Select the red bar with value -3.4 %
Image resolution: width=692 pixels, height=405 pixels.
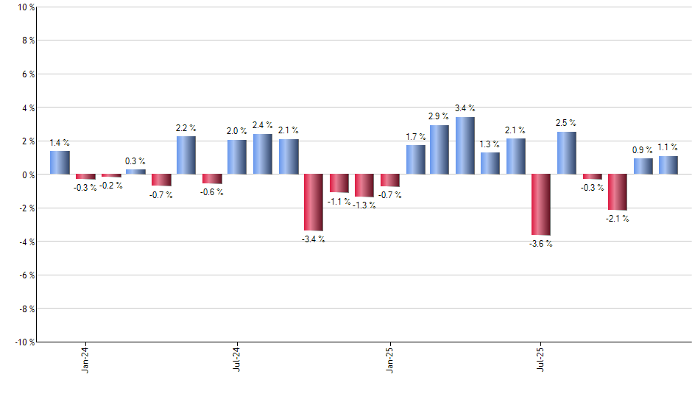pyautogui.click(x=314, y=202)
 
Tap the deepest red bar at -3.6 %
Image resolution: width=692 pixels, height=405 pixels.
pyautogui.click(x=542, y=204)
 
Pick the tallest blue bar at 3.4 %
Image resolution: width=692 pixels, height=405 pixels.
pyautogui.click(x=465, y=146)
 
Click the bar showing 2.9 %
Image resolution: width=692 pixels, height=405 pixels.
pyautogui.click(x=439, y=149)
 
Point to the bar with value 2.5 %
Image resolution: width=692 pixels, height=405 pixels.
pyautogui.click(x=567, y=153)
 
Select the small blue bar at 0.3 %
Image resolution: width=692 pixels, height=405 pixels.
pyautogui.click(x=135, y=172)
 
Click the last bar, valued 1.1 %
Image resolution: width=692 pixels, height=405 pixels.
pyautogui.click(x=668, y=165)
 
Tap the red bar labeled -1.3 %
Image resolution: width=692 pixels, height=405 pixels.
pyautogui.click(x=364, y=186)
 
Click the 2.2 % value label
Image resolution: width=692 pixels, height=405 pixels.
pyautogui.click(x=186, y=128)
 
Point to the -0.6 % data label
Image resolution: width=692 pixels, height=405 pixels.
pyautogui.click(x=212, y=192)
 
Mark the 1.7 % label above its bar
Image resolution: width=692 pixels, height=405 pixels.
pyautogui.click(x=415, y=137)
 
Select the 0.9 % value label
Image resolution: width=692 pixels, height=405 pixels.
pyautogui.click(x=643, y=150)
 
